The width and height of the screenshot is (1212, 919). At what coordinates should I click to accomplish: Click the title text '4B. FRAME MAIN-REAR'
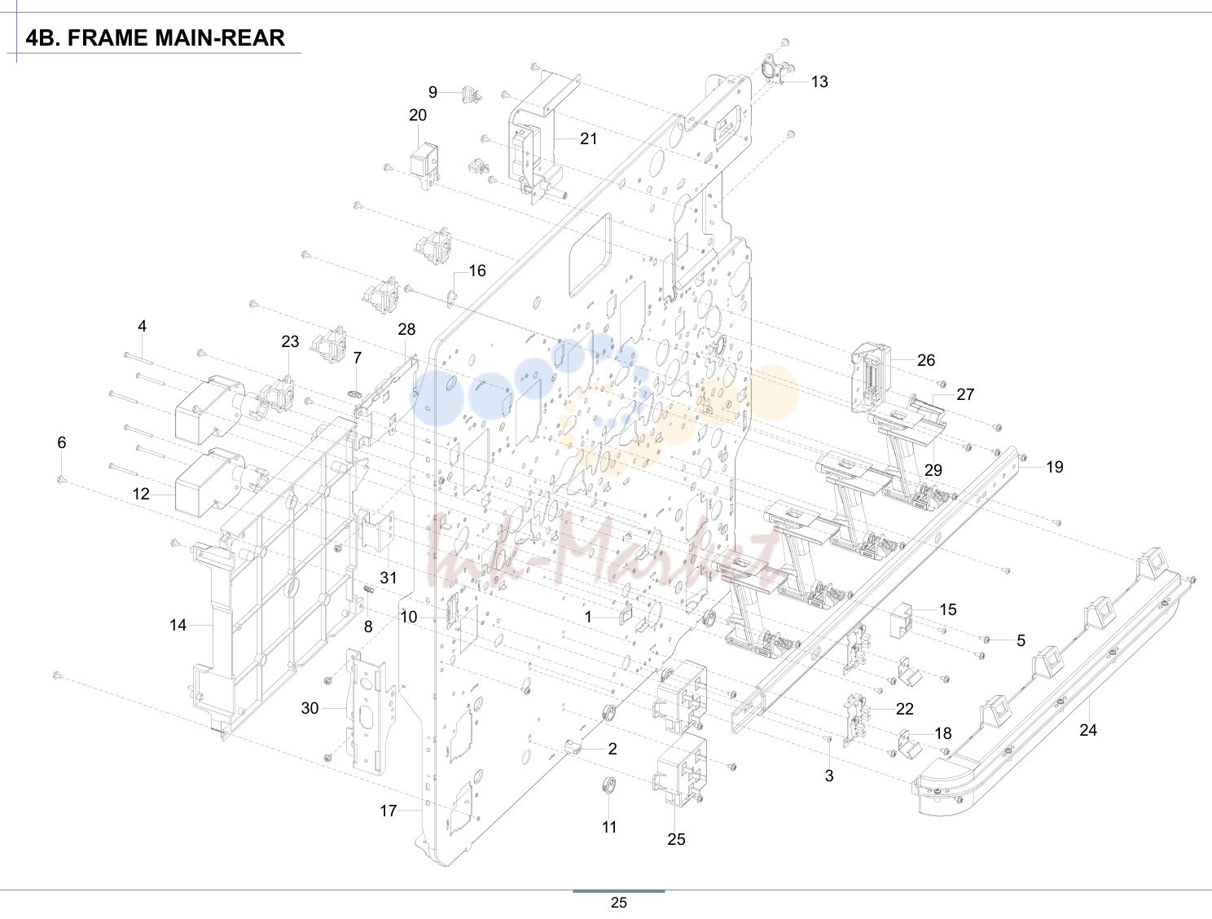point(155,37)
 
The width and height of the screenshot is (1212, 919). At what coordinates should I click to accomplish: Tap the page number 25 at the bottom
point(618,903)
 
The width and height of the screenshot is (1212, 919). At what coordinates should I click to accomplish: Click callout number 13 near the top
point(819,81)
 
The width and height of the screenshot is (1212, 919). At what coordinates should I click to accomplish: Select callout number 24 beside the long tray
point(1087,730)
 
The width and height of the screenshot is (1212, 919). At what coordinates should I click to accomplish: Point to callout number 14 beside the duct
point(178,625)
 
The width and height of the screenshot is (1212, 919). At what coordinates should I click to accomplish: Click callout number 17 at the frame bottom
point(389,811)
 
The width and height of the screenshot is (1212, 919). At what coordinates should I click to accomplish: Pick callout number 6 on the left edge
point(62,442)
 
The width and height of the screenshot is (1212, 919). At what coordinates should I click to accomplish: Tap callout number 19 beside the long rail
point(1055,467)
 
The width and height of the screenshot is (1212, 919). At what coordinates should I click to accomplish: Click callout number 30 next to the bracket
point(310,708)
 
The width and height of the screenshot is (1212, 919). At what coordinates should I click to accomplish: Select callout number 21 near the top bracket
point(589,139)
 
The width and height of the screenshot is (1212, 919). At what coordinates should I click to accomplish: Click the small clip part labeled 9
point(469,95)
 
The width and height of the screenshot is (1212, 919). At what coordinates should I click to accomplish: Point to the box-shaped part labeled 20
point(424,165)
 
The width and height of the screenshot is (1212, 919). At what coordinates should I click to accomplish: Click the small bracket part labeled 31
point(378,530)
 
